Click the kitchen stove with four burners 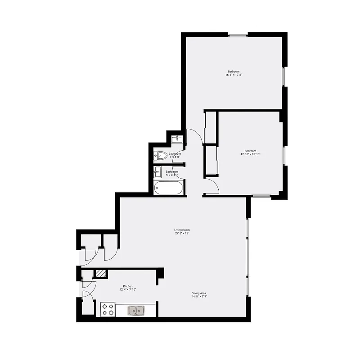point(108,310)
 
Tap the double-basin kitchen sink point(136,310)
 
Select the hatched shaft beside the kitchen point(101,273)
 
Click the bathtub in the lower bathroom point(168,188)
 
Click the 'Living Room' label point(182,230)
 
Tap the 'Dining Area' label point(198,293)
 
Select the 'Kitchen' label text point(128,287)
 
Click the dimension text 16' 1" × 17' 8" point(234,75)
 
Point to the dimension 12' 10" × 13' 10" point(250,154)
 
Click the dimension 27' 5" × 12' point(182,234)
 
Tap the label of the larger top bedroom point(234,72)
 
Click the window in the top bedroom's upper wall point(238,35)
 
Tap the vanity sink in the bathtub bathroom point(157,172)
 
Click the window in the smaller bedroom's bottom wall point(261,196)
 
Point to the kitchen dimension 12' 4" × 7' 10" point(128,290)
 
